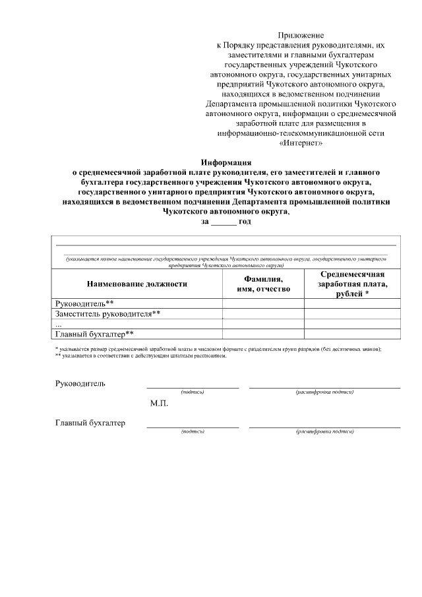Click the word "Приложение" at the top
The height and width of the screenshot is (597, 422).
pos(301,34)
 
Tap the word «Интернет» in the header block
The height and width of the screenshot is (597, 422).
pos(301,142)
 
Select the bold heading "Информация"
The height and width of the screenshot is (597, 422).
pos(226,162)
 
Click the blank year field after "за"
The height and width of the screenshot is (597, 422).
pos(223,222)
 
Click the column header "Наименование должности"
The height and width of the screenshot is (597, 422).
pos(136,284)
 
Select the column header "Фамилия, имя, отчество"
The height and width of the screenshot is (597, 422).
pos(264,284)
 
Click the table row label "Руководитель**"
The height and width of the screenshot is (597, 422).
pos(80,303)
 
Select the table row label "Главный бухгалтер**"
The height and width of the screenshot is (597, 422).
pos(95,334)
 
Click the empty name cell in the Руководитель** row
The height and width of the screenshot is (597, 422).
pos(264,303)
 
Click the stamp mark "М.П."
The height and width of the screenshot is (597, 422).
pos(160,404)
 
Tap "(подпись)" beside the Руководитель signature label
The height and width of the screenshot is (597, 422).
pos(193,393)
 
